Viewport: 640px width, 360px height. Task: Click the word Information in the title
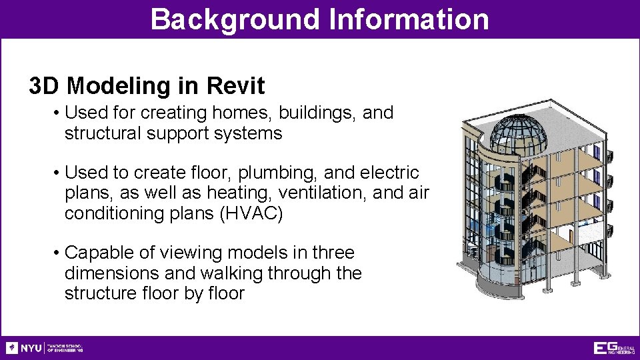point(408,19)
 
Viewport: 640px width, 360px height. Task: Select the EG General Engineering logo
point(614,348)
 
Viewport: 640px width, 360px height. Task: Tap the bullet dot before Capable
point(57,253)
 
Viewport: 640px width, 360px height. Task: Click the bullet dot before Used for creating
point(57,113)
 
